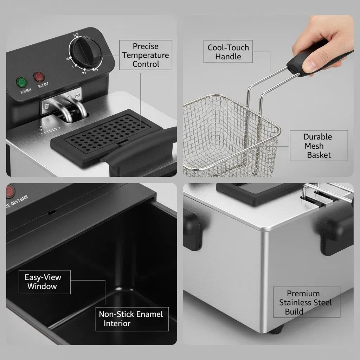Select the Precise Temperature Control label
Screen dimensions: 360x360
click(146, 55)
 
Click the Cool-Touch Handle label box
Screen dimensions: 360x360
click(228, 52)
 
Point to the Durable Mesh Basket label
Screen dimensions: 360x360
click(318, 146)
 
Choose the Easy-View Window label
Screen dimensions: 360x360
click(43, 282)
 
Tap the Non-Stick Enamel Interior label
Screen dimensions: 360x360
click(131, 319)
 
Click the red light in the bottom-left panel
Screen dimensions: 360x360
click(9, 192)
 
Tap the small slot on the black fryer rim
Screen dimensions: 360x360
click(52, 212)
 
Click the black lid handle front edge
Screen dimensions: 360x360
click(141, 151)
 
